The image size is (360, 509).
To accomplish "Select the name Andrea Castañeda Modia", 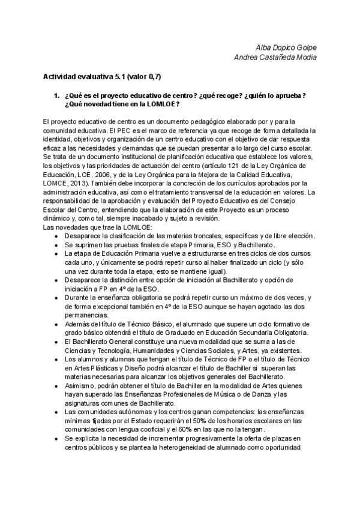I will click(274, 57).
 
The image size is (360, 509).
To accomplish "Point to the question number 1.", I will click(56, 95).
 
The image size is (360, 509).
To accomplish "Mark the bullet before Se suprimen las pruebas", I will click(56, 245).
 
